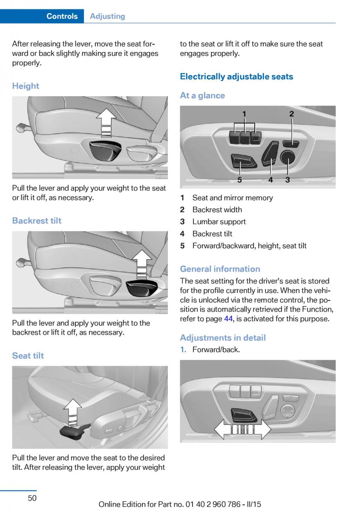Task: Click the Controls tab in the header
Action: click(62, 16)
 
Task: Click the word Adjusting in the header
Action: click(107, 16)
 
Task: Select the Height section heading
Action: click(26, 86)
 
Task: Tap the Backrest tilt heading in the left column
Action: click(37, 221)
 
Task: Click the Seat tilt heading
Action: click(28, 356)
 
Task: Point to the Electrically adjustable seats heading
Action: click(236, 77)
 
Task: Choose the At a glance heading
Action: click(202, 95)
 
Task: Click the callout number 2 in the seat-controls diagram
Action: click(291, 114)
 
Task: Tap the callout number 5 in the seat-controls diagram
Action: click(239, 180)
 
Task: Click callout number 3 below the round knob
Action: click(288, 180)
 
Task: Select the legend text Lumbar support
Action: click(219, 221)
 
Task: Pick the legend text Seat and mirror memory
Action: click(233, 198)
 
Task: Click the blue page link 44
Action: click(228, 319)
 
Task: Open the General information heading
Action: click(220, 269)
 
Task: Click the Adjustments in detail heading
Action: click(223, 338)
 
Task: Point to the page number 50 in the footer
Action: click(32, 498)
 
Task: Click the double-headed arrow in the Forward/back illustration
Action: click(242, 429)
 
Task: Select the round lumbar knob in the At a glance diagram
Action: click(288, 158)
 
